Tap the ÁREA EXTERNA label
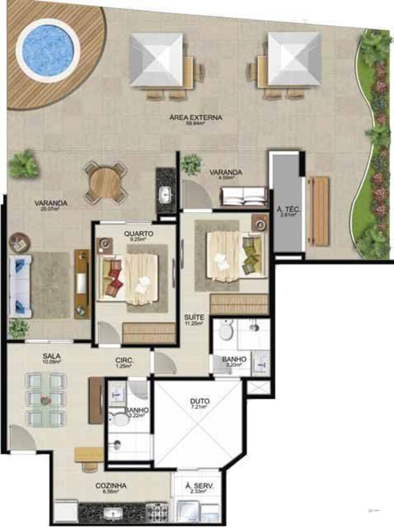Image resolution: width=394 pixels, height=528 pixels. pos(196,117)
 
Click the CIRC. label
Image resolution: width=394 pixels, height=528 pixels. pos(125,361)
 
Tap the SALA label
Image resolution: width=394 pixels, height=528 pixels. pos(51,356)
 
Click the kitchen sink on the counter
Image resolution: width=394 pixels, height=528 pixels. pos(112,512)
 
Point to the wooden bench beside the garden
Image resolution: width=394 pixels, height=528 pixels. pos(319,211)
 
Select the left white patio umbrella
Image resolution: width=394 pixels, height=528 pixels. pos(157,59)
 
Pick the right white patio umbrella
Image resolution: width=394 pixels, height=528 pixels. pos(295,59)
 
